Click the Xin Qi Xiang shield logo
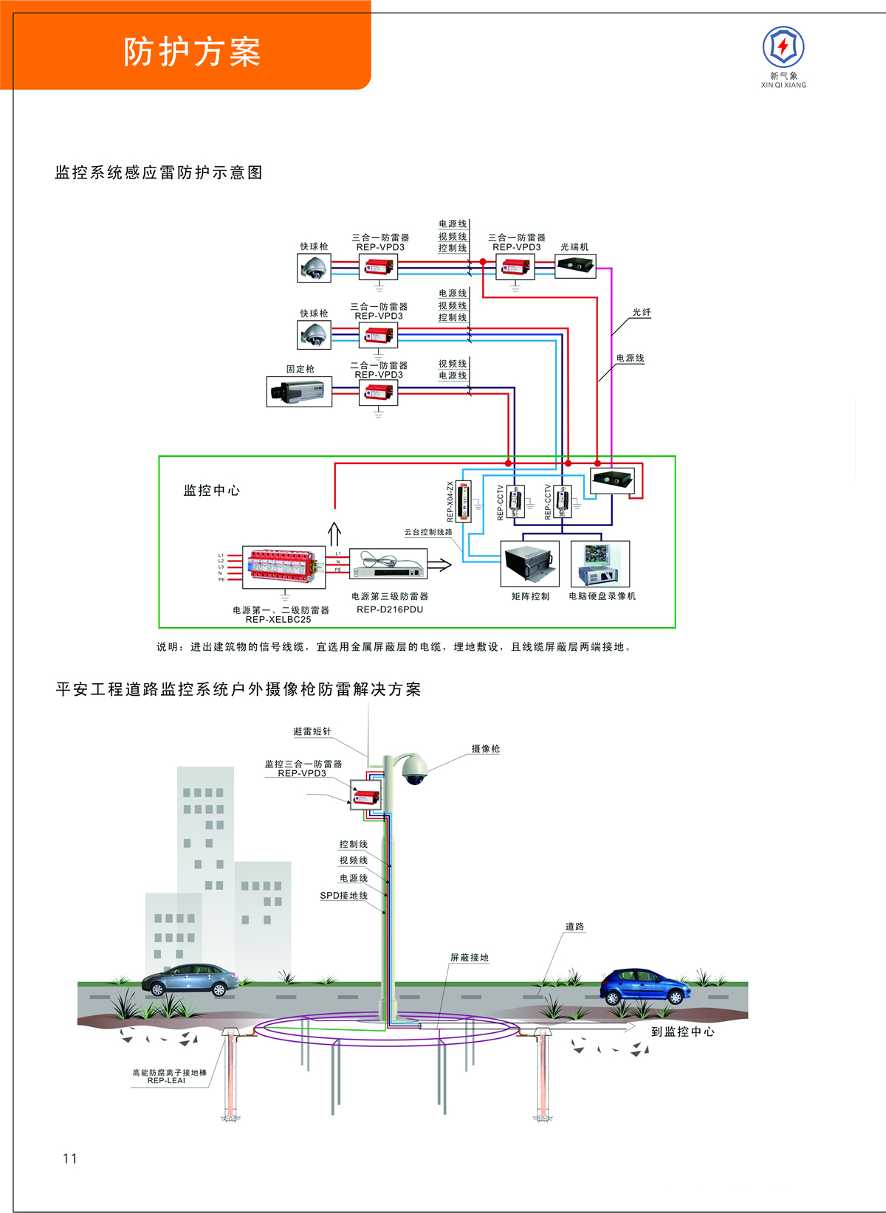(x=783, y=46)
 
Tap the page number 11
(x=70, y=1158)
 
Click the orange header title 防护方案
(x=192, y=52)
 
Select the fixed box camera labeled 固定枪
(x=299, y=392)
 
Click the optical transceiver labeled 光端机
(x=576, y=266)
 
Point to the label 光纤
(x=642, y=313)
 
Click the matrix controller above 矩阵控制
(x=530, y=564)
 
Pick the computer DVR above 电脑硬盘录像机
(x=600, y=564)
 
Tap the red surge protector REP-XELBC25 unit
(x=284, y=567)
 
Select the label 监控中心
(x=211, y=491)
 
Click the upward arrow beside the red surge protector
(x=334, y=534)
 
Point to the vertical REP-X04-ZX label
(x=450, y=502)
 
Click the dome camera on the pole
(x=415, y=770)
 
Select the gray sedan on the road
(x=190, y=981)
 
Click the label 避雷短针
(x=312, y=732)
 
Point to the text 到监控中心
(x=682, y=1031)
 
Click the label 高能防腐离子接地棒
(x=169, y=1073)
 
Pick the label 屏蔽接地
(x=470, y=958)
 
